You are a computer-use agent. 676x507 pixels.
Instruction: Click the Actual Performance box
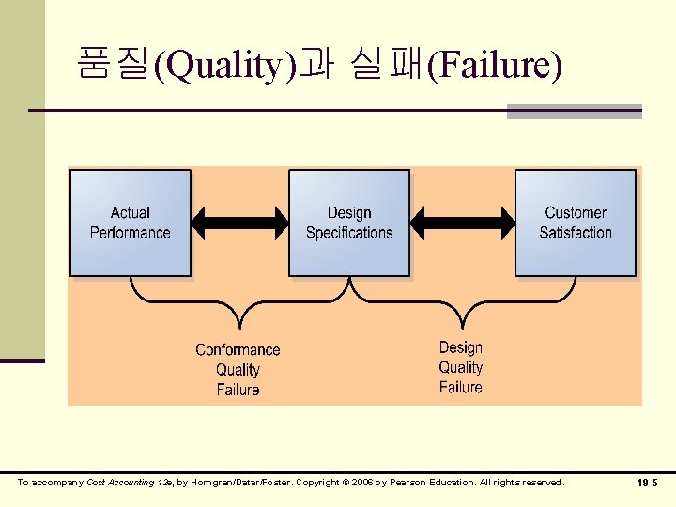tap(131, 223)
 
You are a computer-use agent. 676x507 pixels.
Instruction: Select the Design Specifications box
tap(349, 223)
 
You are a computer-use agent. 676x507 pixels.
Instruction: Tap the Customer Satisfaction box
tap(576, 223)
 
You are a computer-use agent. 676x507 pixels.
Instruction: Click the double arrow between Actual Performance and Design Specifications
tap(239, 223)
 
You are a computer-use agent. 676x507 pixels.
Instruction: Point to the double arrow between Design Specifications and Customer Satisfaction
tap(463, 223)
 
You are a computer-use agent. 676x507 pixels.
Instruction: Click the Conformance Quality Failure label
tap(238, 369)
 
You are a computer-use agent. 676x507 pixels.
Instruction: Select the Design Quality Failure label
tap(461, 367)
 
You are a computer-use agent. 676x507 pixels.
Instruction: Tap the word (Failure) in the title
tap(495, 67)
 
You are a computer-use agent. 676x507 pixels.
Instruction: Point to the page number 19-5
tap(648, 483)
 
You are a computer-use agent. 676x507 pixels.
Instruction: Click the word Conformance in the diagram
tap(238, 350)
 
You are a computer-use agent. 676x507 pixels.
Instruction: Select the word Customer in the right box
tap(576, 213)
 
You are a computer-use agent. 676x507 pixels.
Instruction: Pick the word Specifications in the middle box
tap(349, 233)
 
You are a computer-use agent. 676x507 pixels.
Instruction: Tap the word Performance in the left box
tap(131, 233)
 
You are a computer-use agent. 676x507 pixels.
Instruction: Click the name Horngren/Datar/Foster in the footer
tap(229, 483)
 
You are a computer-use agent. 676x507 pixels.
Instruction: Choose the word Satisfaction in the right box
tap(576, 233)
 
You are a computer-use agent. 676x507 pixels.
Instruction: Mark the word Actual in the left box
tap(131, 213)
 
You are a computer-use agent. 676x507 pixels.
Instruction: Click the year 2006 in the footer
tap(362, 483)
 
